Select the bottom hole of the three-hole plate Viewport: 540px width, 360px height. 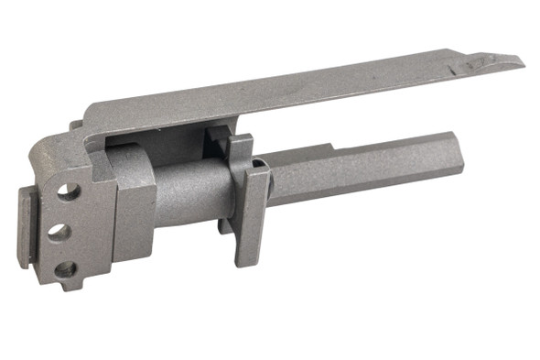[65, 269]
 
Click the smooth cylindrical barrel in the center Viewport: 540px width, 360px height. [188, 192]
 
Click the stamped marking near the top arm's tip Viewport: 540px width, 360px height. [475, 64]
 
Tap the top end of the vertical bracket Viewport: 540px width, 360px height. [240, 138]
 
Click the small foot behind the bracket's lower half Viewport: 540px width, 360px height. [223, 224]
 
